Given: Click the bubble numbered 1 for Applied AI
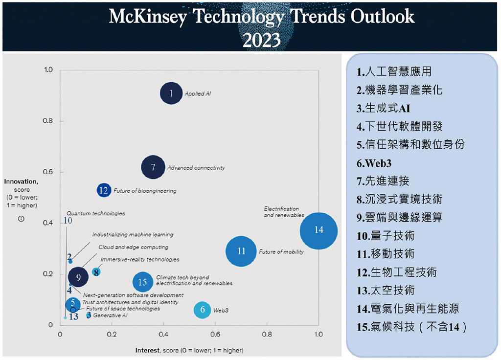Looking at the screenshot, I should (x=171, y=93).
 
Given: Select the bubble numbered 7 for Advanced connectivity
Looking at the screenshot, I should (x=153, y=167).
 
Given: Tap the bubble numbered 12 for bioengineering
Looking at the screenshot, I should (x=104, y=190).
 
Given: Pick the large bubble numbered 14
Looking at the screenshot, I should (x=319, y=230).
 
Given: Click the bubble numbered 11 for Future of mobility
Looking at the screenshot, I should (x=241, y=251).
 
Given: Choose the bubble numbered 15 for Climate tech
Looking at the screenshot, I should (x=142, y=282).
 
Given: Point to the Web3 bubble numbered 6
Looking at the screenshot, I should (x=203, y=310).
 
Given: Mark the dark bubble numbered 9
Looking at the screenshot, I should (x=78, y=277).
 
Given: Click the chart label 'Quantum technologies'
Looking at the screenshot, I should (x=95, y=213).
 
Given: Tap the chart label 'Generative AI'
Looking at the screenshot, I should (x=110, y=315).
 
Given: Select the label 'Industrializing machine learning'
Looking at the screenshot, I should (x=133, y=235).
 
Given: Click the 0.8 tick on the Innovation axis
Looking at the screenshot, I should (x=48, y=121).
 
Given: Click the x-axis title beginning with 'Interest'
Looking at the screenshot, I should (x=189, y=350).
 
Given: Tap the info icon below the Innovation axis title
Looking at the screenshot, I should (x=21, y=219).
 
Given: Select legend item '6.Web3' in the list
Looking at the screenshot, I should (x=375, y=163).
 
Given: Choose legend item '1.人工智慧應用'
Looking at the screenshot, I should (x=394, y=72).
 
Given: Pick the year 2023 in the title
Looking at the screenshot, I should (x=262, y=39).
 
